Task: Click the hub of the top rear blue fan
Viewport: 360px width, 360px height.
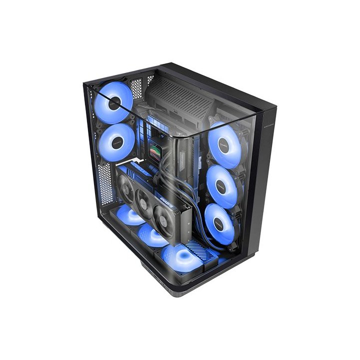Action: click(114, 103)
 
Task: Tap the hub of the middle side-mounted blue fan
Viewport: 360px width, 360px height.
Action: click(222, 186)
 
